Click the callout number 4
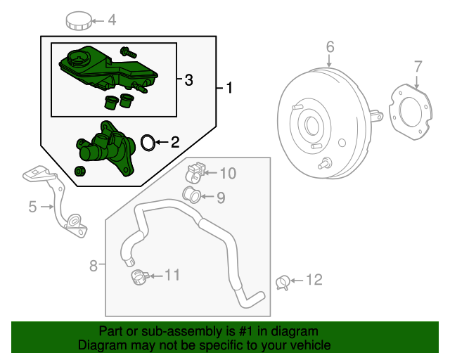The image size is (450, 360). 111,21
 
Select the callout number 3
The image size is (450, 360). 188,81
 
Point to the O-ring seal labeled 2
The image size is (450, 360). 147,143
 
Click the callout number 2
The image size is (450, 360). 174,143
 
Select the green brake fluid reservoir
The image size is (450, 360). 105,67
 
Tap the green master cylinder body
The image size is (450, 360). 105,149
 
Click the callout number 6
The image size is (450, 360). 330,47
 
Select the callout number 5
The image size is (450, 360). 32,207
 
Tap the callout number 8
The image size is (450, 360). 94,265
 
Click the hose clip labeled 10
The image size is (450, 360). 195,171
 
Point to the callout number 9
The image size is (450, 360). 221,198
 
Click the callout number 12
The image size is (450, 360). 314,280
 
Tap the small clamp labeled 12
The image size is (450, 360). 283,282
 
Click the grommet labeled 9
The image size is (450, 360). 191,195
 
